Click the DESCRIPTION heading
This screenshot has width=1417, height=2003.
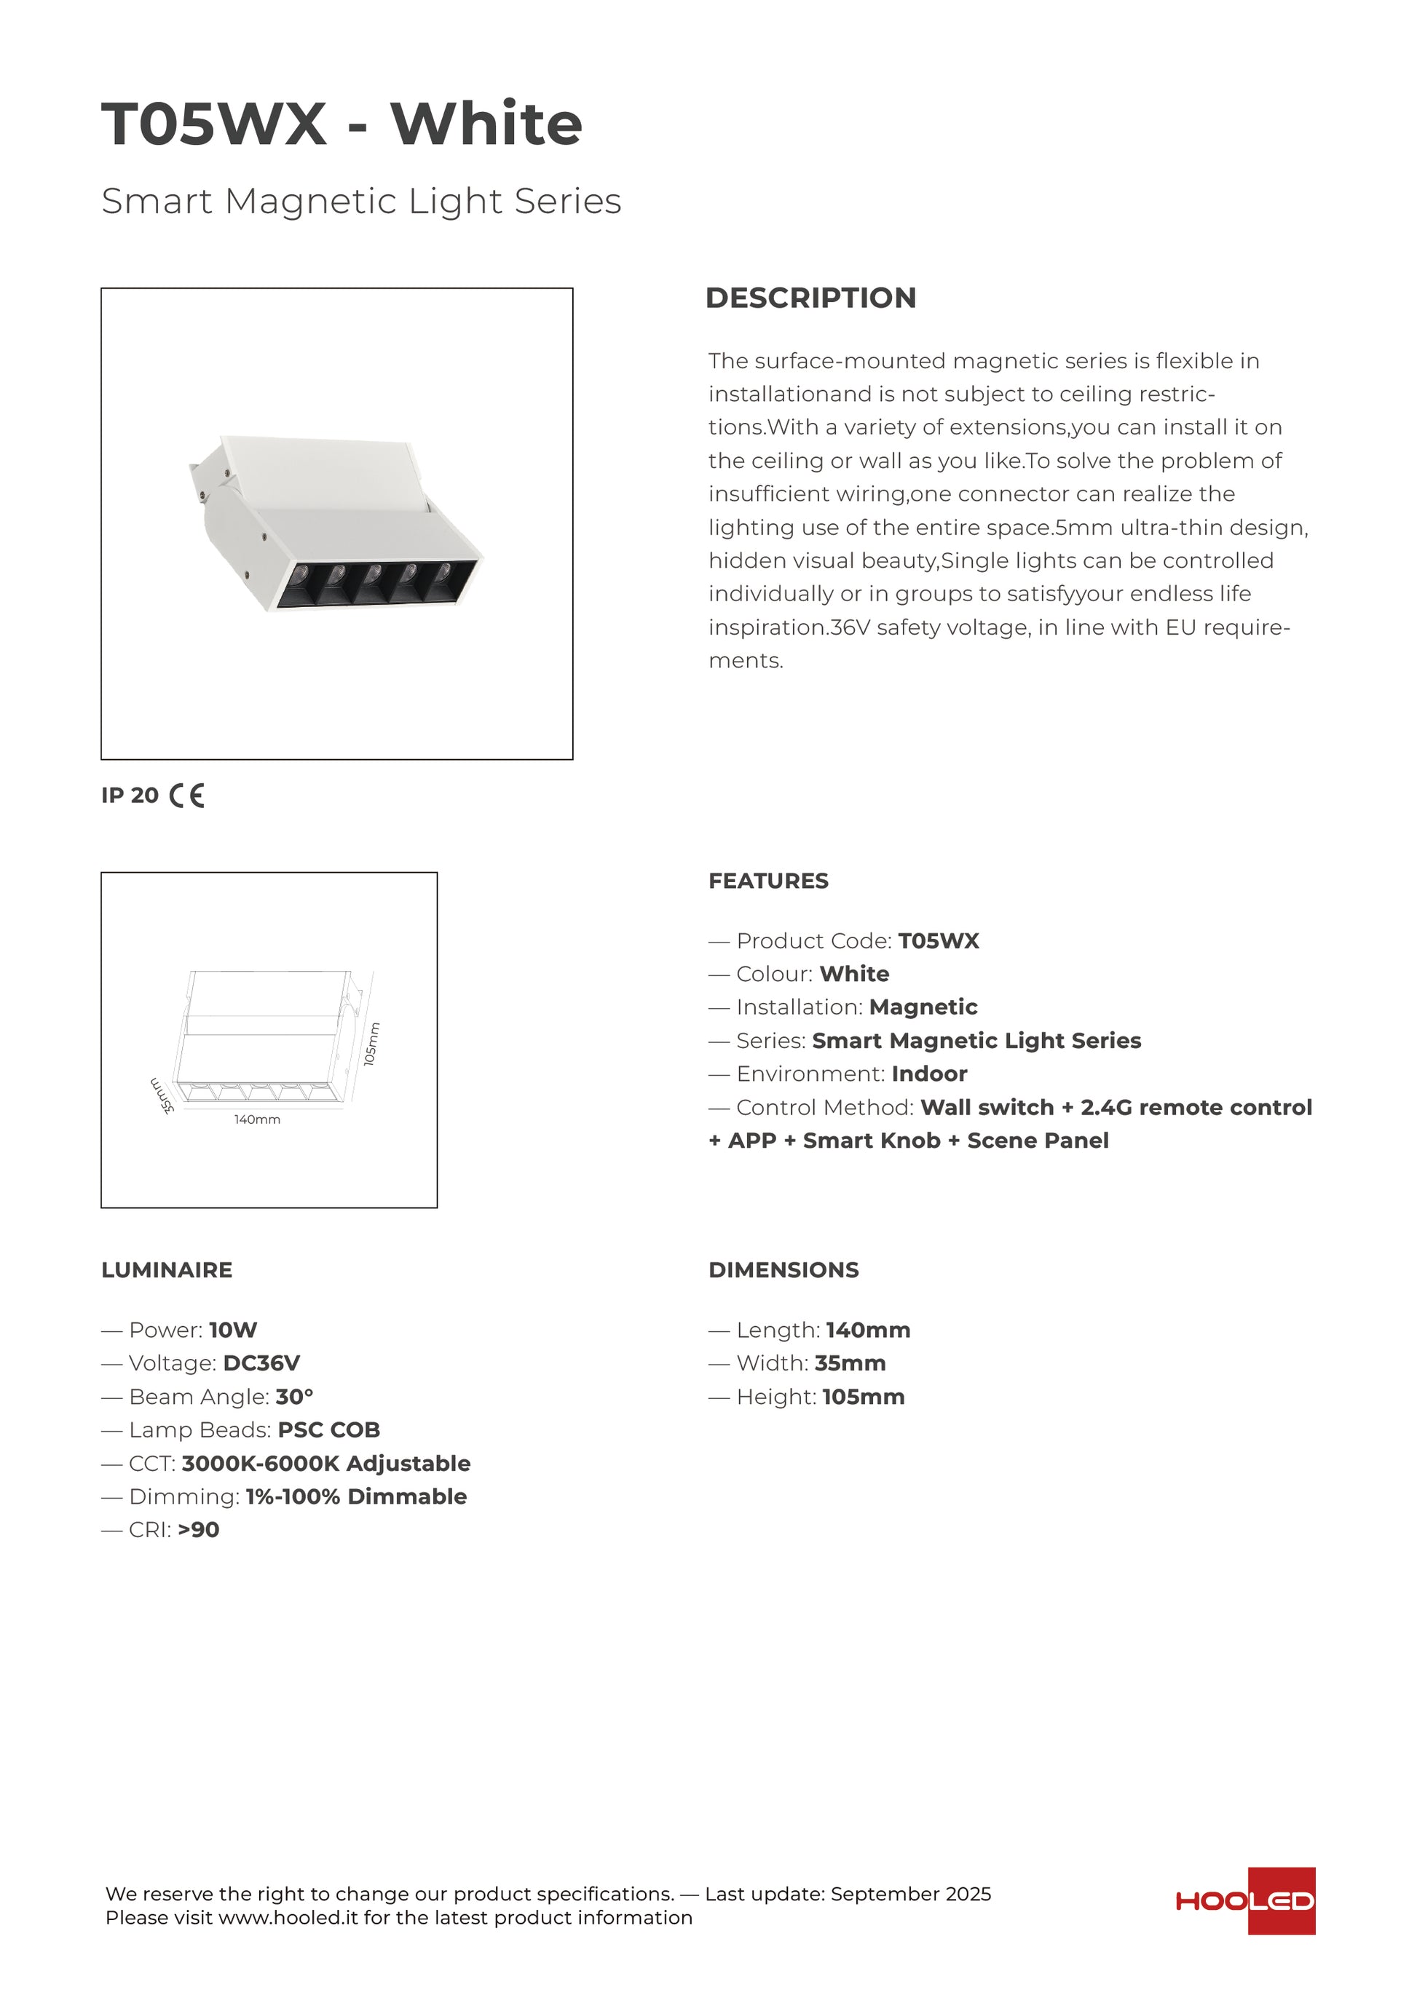(810, 298)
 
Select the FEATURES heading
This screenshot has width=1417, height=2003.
(767, 881)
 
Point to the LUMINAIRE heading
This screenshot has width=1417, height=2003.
(167, 1270)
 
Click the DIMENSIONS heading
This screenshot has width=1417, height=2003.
(784, 1270)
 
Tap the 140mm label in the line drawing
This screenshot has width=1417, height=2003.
(257, 1119)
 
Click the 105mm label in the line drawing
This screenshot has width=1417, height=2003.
(371, 1044)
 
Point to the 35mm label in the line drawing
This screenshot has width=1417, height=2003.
(162, 1095)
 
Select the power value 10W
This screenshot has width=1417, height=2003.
(233, 1330)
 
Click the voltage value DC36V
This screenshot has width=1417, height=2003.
(261, 1363)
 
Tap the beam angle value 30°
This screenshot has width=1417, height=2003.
(294, 1397)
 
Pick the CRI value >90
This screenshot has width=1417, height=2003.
(198, 1530)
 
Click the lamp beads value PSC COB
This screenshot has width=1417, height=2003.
(329, 1430)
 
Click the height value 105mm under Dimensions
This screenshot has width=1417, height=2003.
(863, 1397)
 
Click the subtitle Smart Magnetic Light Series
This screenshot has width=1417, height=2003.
(361, 201)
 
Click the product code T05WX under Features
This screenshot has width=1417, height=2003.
(939, 941)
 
